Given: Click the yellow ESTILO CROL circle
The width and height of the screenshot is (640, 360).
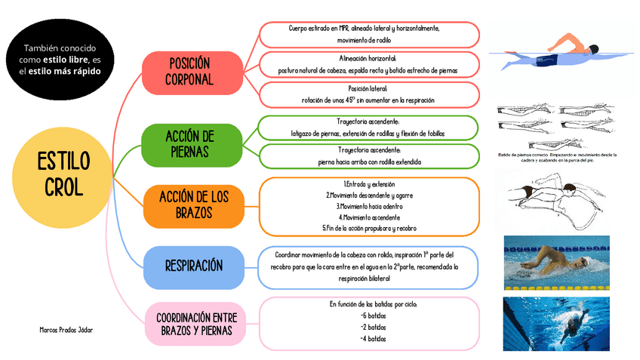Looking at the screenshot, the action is (63, 175).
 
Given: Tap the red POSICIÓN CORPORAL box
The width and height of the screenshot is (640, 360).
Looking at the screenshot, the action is (189, 72).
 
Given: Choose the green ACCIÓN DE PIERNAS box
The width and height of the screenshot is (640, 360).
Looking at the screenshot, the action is (189, 144).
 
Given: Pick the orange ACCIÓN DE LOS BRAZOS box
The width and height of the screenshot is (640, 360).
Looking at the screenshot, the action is (189, 205).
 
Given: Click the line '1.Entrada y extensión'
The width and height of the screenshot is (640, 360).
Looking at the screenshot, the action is (368, 184).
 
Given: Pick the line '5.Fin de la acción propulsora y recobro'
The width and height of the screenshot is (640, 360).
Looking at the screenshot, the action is (368, 227).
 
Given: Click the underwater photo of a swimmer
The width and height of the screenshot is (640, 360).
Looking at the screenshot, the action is (556, 322).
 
